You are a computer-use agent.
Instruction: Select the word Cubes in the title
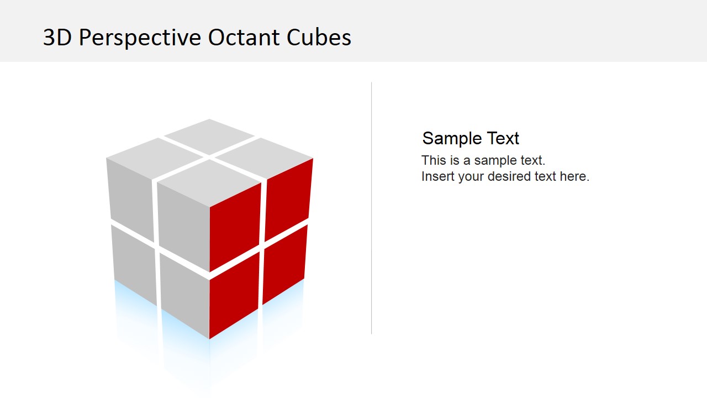click(319, 38)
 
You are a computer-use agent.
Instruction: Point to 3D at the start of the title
click(57, 38)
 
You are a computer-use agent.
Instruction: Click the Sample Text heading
click(471, 138)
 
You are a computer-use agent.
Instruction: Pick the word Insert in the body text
click(437, 176)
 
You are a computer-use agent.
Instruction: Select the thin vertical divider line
click(371, 207)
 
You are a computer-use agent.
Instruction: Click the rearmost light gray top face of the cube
click(209, 136)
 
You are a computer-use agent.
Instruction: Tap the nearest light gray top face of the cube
click(209, 182)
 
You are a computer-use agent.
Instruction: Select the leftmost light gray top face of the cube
click(155, 158)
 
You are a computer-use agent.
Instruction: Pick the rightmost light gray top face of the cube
click(264, 158)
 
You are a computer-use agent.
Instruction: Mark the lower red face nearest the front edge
click(234, 296)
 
